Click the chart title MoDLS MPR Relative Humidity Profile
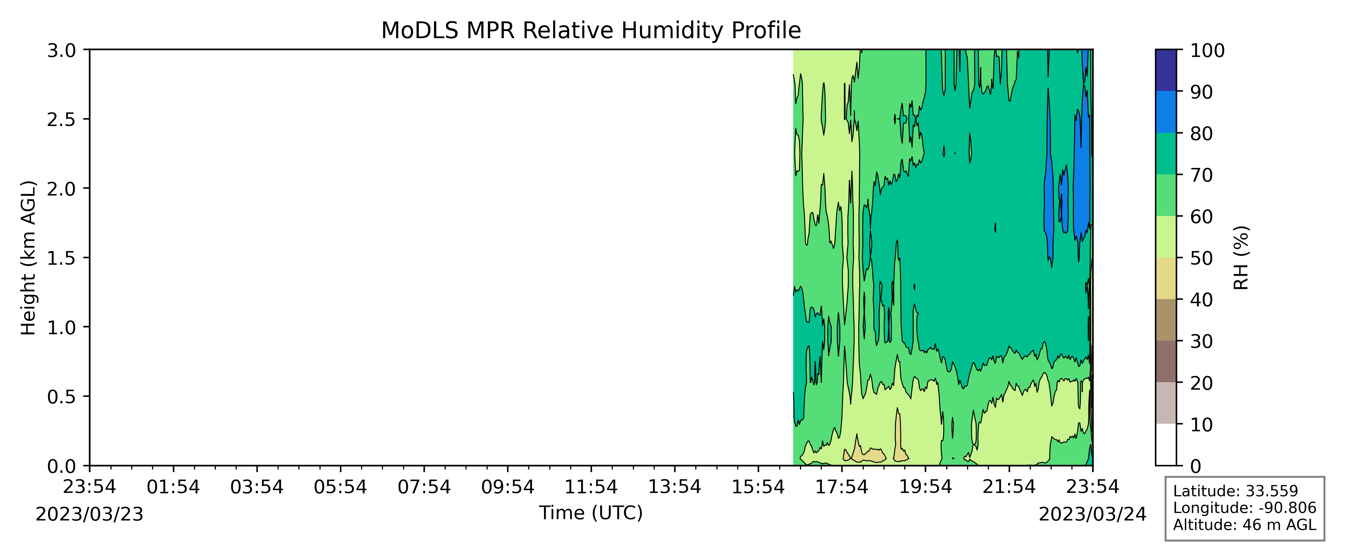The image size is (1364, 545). coord(591,30)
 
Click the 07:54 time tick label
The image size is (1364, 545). coord(424,487)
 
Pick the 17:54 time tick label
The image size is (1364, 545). coord(842,487)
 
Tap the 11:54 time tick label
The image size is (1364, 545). coord(591,487)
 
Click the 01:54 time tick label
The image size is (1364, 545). coord(173,487)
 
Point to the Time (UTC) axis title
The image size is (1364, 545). coord(591,513)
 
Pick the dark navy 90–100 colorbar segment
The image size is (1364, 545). coord(1166,71)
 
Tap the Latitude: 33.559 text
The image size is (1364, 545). coord(1235,491)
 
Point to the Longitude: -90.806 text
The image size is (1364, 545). coord(1244,508)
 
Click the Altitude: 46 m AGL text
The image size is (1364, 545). coord(1244,525)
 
